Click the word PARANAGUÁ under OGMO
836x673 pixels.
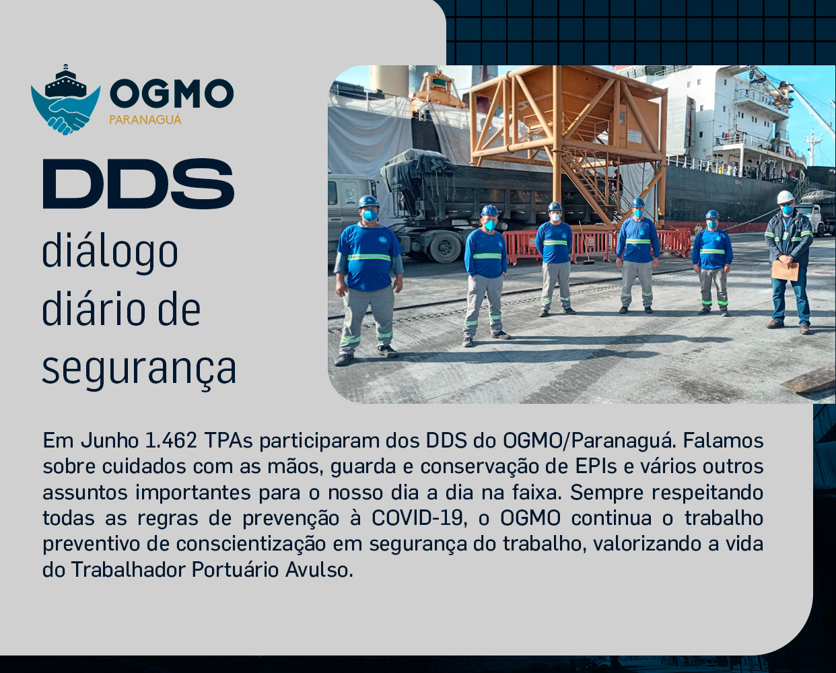click(x=145, y=120)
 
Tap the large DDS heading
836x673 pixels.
click(x=139, y=183)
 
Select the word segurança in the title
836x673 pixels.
click(x=139, y=369)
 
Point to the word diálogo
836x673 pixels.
click(x=110, y=252)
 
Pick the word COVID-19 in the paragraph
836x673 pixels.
click(x=417, y=518)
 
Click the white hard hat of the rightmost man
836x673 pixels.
click(x=786, y=197)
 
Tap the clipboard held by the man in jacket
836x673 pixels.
click(x=785, y=270)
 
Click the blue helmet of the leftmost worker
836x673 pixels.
click(x=368, y=201)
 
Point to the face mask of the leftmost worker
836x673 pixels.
click(x=370, y=216)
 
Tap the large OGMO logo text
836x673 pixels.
click(x=171, y=94)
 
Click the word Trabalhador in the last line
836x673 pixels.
click(x=129, y=570)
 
